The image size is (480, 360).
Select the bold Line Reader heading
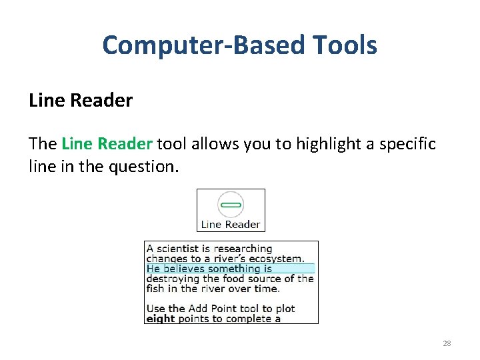pos(81,101)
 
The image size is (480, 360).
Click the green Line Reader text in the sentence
pos(107,144)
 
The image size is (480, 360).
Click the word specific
pos(407,144)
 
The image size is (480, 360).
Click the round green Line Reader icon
pos(231,205)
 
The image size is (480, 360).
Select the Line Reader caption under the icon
pos(231,225)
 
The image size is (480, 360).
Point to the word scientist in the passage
pos(183,249)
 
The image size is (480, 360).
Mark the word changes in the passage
pos(166,259)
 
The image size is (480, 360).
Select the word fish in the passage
pos(155,289)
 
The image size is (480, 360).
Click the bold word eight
pos(160,319)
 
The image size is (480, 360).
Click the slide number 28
pos(447,343)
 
